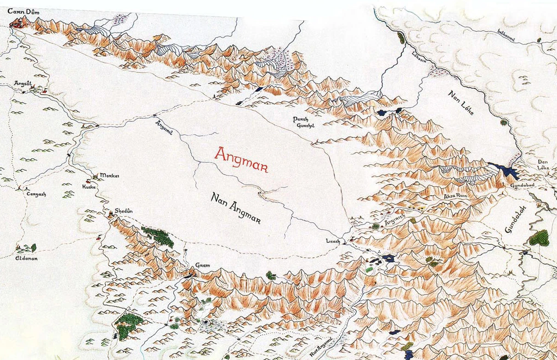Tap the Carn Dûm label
click(23, 11)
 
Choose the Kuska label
click(89, 187)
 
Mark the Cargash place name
click(36, 194)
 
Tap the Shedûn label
click(123, 210)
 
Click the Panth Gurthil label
click(303, 123)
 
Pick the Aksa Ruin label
click(455, 197)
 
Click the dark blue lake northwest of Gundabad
click(504, 170)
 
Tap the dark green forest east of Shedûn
click(158, 236)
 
